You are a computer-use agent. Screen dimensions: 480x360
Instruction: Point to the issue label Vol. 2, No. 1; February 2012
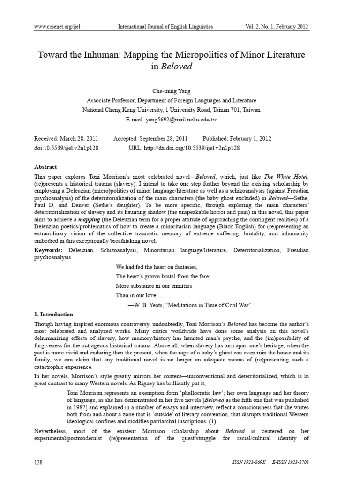tap(277, 27)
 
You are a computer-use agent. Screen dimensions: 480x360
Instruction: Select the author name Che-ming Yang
tap(172, 91)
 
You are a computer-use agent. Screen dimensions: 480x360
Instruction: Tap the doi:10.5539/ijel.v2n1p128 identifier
tap(66, 148)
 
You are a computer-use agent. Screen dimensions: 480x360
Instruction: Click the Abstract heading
tap(45, 167)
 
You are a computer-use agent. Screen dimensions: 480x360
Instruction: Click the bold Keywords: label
tap(49, 251)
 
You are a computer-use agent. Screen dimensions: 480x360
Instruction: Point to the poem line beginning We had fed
tap(150, 266)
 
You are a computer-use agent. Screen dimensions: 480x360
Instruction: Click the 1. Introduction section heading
tap(54, 314)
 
